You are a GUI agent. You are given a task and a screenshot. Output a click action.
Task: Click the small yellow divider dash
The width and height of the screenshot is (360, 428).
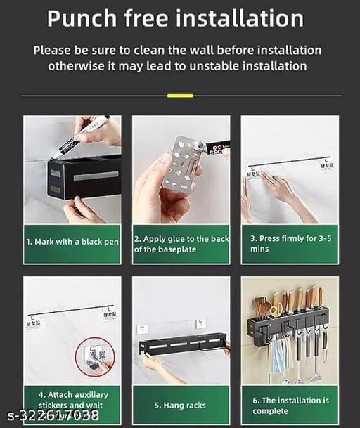click(x=180, y=95)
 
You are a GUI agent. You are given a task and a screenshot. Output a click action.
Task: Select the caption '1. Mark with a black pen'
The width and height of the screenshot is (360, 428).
click(x=72, y=242)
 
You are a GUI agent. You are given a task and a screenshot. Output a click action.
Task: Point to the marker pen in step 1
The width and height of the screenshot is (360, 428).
click(x=82, y=138)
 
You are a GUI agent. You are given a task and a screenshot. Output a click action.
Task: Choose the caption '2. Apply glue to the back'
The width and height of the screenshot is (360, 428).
click(x=181, y=239)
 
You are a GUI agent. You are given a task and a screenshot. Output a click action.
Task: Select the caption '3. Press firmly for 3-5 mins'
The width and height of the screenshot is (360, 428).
click(x=289, y=243)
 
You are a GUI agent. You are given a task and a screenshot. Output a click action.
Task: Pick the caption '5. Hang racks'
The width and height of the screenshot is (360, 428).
click(x=180, y=405)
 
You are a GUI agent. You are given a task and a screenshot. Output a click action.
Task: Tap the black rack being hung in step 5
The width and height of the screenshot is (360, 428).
click(x=184, y=345)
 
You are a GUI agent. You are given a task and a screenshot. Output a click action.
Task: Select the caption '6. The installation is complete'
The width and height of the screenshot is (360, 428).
click(x=289, y=405)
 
